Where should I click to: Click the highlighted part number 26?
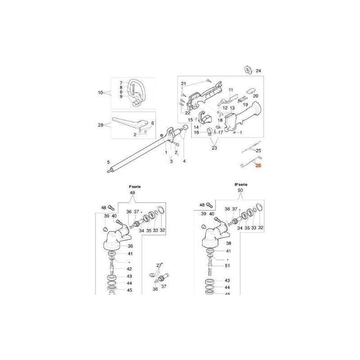pyautogui.click(x=258, y=166)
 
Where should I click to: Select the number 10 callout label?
pyautogui.click(x=100, y=93)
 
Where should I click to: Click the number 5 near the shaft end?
pyautogui.click(x=108, y=162)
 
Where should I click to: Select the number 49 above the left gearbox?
pyautogui.click(x=132, y=193)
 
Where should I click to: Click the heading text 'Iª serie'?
pyautogui.click(x=132, y=186)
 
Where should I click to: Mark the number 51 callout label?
pyautogui.click(x=227, y=266)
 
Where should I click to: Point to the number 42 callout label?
pyautogui.click(x=129, y=268)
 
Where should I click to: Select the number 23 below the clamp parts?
pyautogui.click(x=214, y=148)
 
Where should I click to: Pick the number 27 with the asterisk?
pyautogui.click(x=159, y=266)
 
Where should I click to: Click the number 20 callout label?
pyautogui.click(x=255, y=96)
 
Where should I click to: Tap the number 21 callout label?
pyautogui.click(x=183, y=84)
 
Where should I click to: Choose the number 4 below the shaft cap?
pyautogui.click(x=184, y=161)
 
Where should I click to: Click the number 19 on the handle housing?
pyautogui.click(x=246, y=105)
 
